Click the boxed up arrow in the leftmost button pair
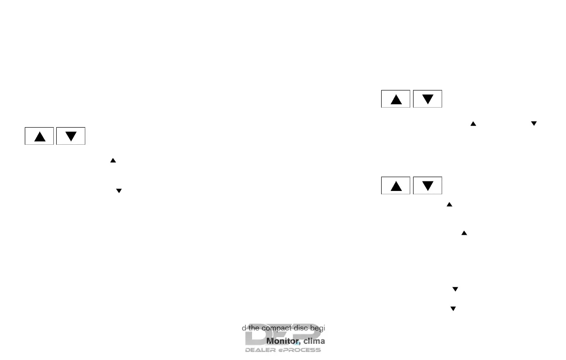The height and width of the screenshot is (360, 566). [40, 136]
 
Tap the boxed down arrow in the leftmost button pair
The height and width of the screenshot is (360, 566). [71, 136]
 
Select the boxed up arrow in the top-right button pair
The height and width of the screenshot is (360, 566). [396, 99]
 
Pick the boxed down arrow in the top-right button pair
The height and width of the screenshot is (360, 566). [428, 99]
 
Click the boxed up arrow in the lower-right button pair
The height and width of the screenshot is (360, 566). [396, 186]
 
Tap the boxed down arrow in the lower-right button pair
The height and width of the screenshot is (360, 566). [428, 186]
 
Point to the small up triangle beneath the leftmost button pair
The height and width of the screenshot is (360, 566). [113, 161]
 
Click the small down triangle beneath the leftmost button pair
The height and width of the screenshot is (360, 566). [119, 190]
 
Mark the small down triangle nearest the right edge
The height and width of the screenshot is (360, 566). [534, 123]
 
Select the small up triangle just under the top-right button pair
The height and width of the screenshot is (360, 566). [473, 123]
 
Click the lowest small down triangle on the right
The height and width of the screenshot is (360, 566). [453, 309]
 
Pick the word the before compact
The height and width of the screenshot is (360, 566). [250, 328]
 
